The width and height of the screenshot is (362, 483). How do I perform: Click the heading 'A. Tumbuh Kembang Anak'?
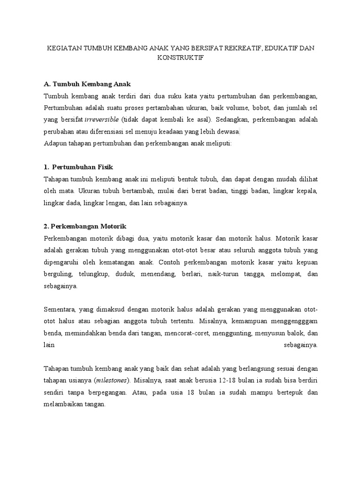tap(87, 83)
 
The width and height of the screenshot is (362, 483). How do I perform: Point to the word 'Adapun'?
tap(54, 143)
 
